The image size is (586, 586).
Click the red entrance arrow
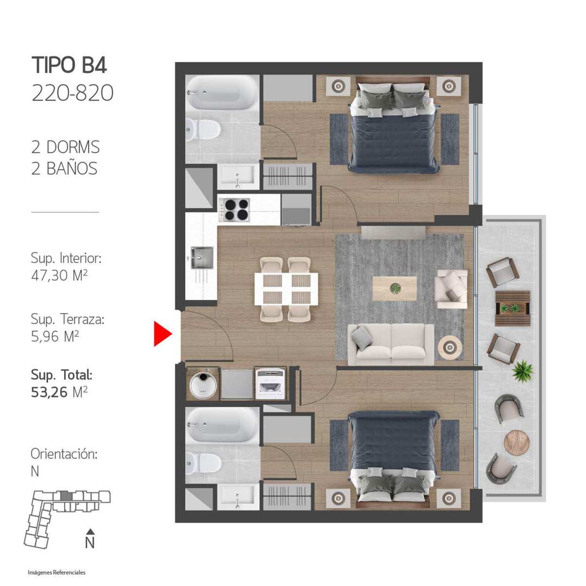pos(162,334)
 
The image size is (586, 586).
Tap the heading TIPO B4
pos(69,65)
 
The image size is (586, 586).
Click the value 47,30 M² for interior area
pos(59,275)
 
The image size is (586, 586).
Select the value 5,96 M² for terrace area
pos(55,336)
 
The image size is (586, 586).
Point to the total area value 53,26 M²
pos(59,391)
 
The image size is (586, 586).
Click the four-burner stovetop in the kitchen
pos(234,210)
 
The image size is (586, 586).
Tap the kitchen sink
pos(202,257)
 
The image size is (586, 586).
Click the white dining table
pos(286,289)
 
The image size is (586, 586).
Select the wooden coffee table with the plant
pos(395,288)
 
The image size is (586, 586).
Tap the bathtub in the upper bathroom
pos(222,92)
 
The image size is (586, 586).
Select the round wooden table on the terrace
pos(516,442)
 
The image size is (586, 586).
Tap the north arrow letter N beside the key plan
pos(90,543)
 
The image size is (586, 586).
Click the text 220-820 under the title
pos(73,93)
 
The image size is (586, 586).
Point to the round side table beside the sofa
pos(450,347)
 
